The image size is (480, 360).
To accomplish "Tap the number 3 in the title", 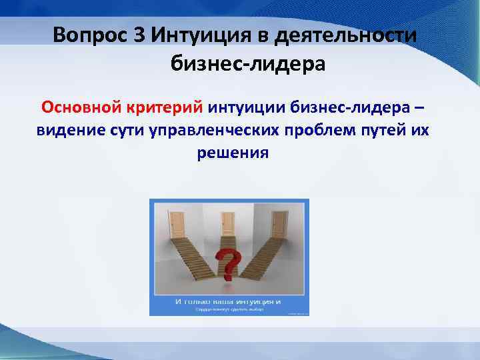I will click(139, 35).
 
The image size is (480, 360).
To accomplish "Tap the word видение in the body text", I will click(70, 129).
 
